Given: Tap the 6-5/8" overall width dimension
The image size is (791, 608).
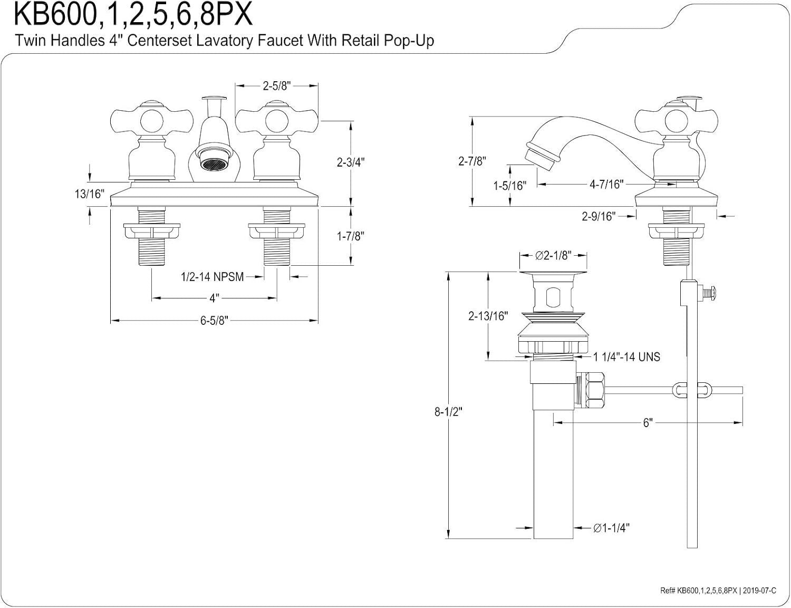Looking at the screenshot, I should coord(213,321).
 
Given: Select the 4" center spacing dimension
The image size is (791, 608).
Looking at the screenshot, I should coord(214,298).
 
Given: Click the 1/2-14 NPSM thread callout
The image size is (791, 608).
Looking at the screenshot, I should coord(212,276).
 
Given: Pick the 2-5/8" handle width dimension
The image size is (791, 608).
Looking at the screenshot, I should coord(277,86).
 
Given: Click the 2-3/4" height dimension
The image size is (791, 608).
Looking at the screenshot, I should coord(351,163).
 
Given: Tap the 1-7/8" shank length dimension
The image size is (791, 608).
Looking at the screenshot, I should coord(351,236).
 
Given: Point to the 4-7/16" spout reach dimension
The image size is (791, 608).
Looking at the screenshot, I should coord(606,184).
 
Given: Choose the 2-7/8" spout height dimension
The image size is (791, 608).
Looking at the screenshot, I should coord(471,161).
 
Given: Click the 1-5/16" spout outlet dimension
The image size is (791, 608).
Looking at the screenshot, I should coord(510,186).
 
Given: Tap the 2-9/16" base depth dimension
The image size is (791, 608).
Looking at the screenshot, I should coord(599,216).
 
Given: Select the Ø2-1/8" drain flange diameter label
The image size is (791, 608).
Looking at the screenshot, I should coord(553,256).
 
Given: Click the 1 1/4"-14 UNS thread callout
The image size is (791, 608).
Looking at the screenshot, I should coord(626,357).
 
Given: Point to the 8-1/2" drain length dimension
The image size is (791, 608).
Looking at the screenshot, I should coord(448,412).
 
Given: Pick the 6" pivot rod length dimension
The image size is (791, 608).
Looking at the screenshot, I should coord(648,423).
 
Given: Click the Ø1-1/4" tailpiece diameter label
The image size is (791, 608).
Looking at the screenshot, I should coord(611,527).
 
